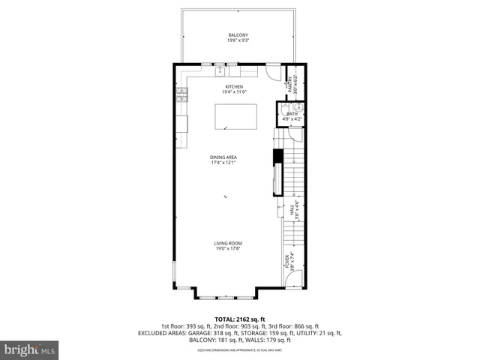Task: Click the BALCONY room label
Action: (x=238, y=35)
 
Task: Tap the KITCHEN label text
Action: (x=235, y=86)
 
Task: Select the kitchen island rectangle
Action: (x=235, y=115)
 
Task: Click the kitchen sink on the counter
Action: (x=220, y=72)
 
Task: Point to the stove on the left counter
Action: (x=181, y=94)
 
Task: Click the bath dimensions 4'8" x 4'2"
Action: (x=292, y=118)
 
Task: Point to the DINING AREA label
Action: (x=223, y=157)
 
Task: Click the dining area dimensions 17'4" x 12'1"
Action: (x=223, y=163)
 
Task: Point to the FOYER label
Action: (x=286, y=262)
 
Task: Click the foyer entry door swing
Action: (x=294, y=278)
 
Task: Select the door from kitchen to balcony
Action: (x=271, y=73)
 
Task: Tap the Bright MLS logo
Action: (x=30, y=349)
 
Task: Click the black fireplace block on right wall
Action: (x=277, y=157)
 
